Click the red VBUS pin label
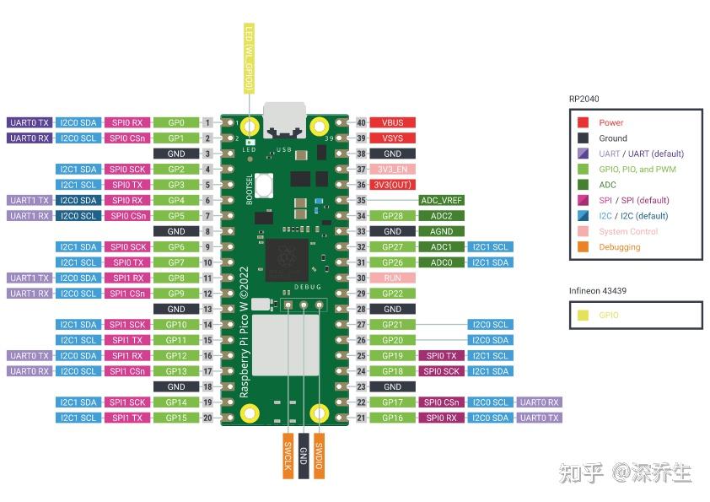pos(393,122)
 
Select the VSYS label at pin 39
pos(393,138)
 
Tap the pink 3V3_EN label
pos(393,169)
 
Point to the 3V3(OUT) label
pos(393,184)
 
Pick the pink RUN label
pos(393,278)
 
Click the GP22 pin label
pos(393,293)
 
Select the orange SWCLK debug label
pos(288,456)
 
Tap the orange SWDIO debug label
pos(318,456)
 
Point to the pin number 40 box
pos(361,122)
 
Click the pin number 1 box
pos(207,122)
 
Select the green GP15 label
pos(176,418)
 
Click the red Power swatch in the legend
pos(583,122)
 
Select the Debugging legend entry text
pos(619,247)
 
